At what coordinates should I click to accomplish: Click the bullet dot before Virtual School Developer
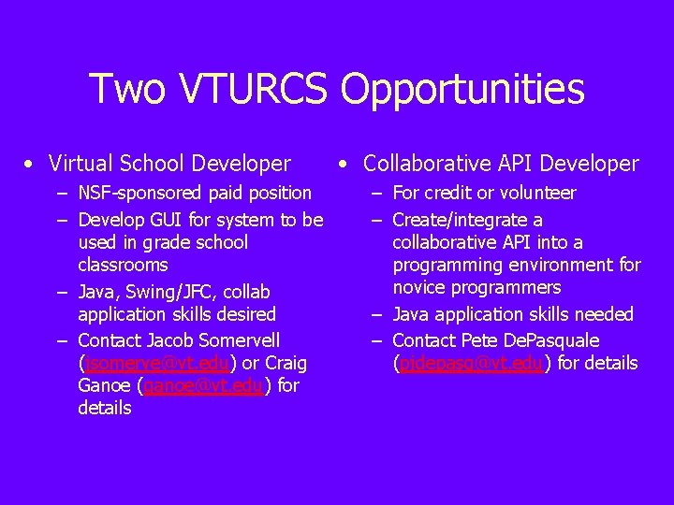point(32,166)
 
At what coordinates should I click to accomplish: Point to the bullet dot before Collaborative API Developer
point(345,166)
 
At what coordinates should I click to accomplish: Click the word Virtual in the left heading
point(81,165)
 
